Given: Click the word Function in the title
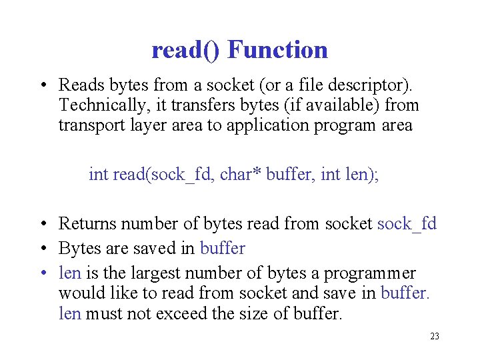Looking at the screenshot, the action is (277, 50).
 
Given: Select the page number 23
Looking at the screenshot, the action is (435, 336).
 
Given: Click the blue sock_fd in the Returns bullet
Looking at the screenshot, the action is (407, 224).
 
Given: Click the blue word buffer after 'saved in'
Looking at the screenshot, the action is (223, 249).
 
